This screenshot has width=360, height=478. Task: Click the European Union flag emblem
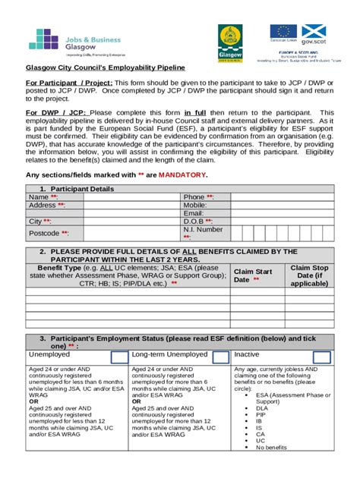pyautogui.click(x=284, y=31)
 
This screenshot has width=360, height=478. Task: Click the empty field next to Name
pyautogui.click(x=121, y=197)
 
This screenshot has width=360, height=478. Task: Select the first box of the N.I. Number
pyautogui.click(x=237, y=233)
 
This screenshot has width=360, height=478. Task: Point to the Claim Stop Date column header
pyautogui.click(x=309, y=275)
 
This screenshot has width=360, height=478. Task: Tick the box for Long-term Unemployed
pyautogui.click(x=220, y=357)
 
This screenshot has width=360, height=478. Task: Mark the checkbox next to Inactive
pyautogui.click(x=322, y=357)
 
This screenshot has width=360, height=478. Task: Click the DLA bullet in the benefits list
pyautogui.click(x=261, y=407)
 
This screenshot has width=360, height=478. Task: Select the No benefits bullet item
pyautogui.click(x=271, y=447)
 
